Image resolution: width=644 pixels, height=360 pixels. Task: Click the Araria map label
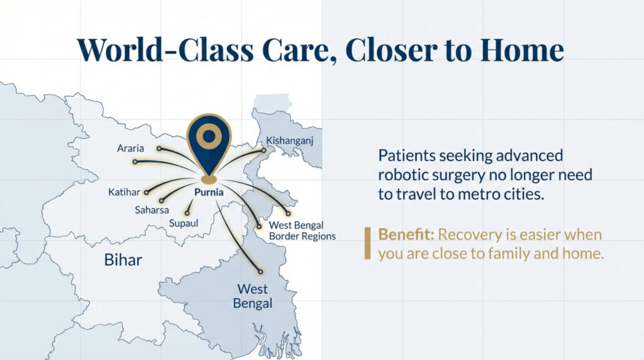point(130,149)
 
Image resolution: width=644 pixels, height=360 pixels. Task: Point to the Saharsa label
point(151,210)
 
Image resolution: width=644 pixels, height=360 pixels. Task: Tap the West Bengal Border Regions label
point(302,230)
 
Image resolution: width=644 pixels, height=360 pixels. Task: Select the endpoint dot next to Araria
point(159,149)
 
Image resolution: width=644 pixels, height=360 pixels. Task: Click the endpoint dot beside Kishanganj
point(264,150)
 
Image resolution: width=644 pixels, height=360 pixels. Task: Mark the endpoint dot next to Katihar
point(147,192)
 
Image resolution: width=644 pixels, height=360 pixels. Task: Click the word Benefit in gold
point(406,235)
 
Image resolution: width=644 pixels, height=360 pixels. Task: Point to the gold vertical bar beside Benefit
point(367,244)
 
